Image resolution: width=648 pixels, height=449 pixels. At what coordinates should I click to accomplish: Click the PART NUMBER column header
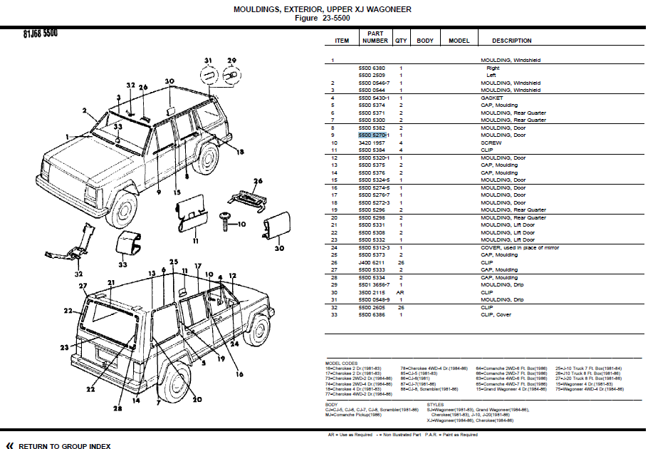click(375, 37)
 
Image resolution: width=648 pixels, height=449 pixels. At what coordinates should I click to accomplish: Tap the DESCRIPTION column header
click(511, 41)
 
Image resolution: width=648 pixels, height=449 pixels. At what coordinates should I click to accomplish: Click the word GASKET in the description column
click(491, 98)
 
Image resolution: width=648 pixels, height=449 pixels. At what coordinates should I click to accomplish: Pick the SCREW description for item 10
click(491, 143)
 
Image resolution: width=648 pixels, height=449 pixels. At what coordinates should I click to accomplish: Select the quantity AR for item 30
click(401, 292)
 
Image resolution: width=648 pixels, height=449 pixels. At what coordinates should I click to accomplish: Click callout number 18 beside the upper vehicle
click(241, 152)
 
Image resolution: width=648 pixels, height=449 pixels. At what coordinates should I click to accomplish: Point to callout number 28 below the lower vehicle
click(116, 409)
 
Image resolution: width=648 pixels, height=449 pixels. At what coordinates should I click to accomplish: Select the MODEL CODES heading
click(341, 363)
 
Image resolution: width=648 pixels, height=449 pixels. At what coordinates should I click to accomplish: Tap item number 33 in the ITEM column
click(333, 314)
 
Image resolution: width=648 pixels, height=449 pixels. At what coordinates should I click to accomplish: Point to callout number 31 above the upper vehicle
click(208, 59)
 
